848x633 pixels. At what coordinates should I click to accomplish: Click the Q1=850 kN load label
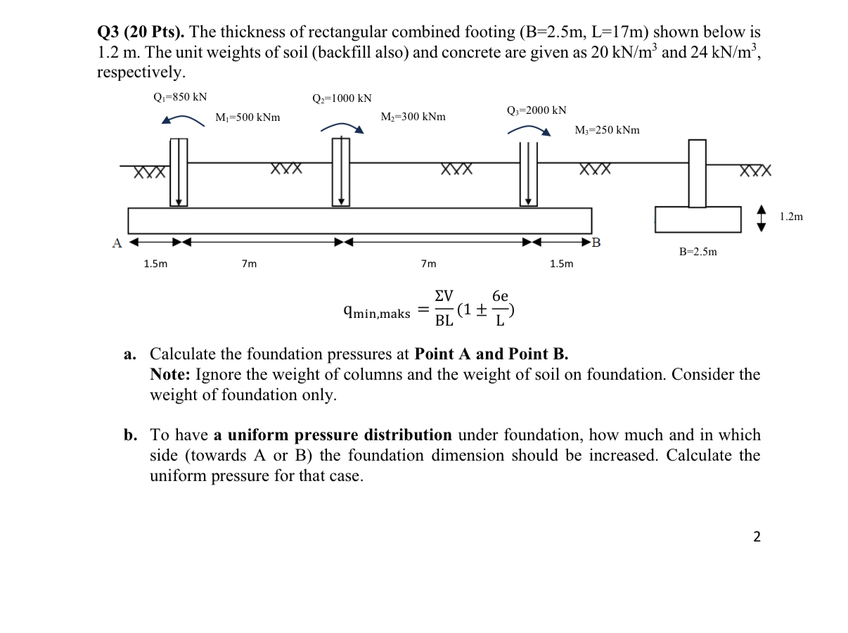coord(180,97)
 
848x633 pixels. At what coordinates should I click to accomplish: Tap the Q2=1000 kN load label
coord(342,98)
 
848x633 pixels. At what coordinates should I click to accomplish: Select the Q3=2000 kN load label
coord(537,110)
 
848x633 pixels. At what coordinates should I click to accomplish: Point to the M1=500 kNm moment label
coord(248,117)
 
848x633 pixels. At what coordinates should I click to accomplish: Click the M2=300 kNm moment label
coord(413,116)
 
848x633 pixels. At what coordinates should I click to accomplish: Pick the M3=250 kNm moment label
coord(607,130)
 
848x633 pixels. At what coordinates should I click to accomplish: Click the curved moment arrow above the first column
coord(183,120)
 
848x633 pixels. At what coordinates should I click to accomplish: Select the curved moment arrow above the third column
coord(528,129)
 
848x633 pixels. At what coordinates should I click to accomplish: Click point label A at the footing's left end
coord(117,243)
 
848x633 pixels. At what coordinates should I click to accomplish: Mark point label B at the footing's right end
coord(597,244)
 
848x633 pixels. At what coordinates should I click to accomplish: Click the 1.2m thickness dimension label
coord(791,217)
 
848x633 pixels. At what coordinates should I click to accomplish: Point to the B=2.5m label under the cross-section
coord(698,251)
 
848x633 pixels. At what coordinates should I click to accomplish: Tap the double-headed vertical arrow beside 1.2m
coord(762,217)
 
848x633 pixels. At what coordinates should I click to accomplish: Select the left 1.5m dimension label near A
coord(155,264)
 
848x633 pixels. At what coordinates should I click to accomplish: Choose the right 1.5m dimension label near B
coord(561,264)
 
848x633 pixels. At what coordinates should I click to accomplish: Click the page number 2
coord(756,537)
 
